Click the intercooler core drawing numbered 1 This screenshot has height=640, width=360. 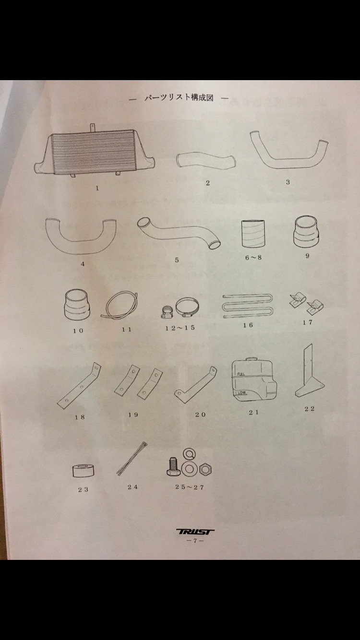(x=95, y=153)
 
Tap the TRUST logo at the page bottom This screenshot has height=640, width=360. (x=195, y=532)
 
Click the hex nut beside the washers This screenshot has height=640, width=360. (x=205, y=469)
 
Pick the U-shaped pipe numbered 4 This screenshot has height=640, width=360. (x=80, y=236)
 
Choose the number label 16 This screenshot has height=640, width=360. (x=248, y=325)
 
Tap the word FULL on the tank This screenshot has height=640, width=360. (x=241, y=374)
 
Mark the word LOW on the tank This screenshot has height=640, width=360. (x=241, y=393)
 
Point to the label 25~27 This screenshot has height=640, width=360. (x=190, y=487)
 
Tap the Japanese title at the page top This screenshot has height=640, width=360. (x=179, y=98)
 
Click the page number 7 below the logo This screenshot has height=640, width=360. (x=195, y=541)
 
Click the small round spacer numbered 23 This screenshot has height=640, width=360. (x=83, y=471)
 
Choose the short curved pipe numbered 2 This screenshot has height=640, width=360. (x=205, y=161)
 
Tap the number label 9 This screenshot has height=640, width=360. (x=307, y=256)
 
